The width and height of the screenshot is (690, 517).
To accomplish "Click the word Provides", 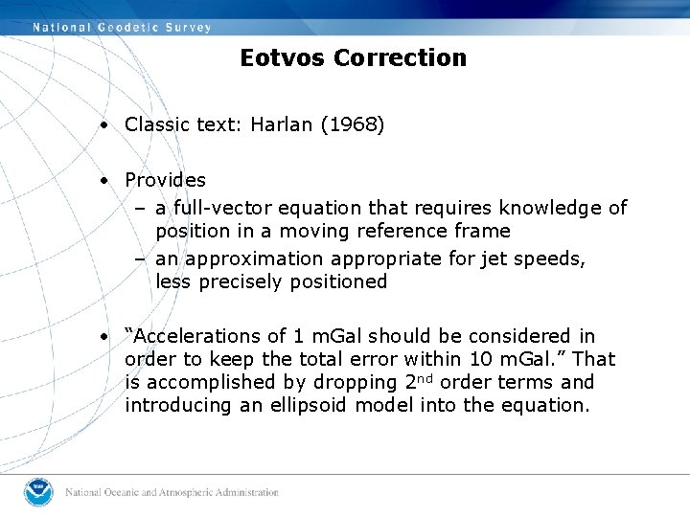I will coord(165,180).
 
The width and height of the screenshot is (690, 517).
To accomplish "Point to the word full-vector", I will coord(219,208).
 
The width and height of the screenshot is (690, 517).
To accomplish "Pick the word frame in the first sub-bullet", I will coord(483,231).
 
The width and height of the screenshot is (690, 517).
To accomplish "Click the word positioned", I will coord(337,281).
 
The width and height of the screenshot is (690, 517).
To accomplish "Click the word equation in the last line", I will coord(549,405).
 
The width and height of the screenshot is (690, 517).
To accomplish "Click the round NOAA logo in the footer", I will coord(39,492).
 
